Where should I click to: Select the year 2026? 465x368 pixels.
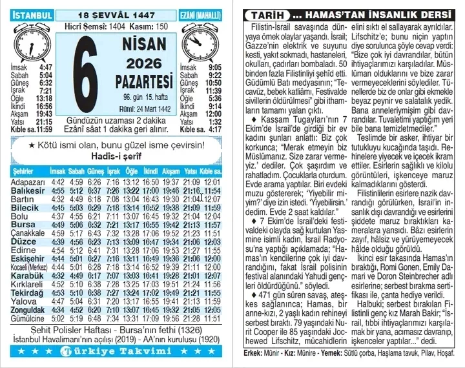[x=145, y=63]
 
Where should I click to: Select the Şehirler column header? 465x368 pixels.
[x=23, y=172]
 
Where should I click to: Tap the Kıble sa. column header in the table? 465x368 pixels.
[x=211, y=172]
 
